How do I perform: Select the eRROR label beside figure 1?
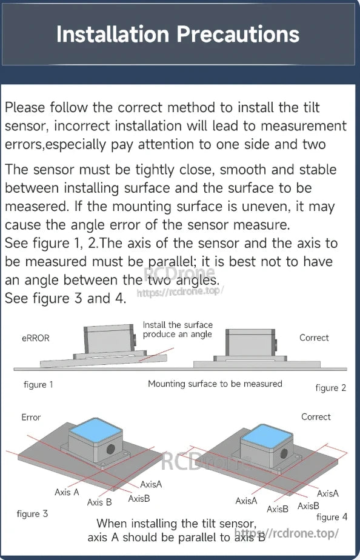[x=35, y=338]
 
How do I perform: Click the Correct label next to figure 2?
[x=314, y=338]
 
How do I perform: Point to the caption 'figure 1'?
[x=38, y=384]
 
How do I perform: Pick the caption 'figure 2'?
[x=331, y=387]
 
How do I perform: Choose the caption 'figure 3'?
[x=32, y=514]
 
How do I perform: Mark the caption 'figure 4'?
[x=332, y=517]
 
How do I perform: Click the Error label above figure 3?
[x=31, y=417]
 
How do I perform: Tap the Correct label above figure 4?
[x=316, y=417]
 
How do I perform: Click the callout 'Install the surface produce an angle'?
[x=178, y=330]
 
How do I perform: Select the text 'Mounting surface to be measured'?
[x=215, y=384]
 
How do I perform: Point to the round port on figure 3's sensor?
[x=111, y=450]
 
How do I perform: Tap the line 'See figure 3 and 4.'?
[x=65, y=299]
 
